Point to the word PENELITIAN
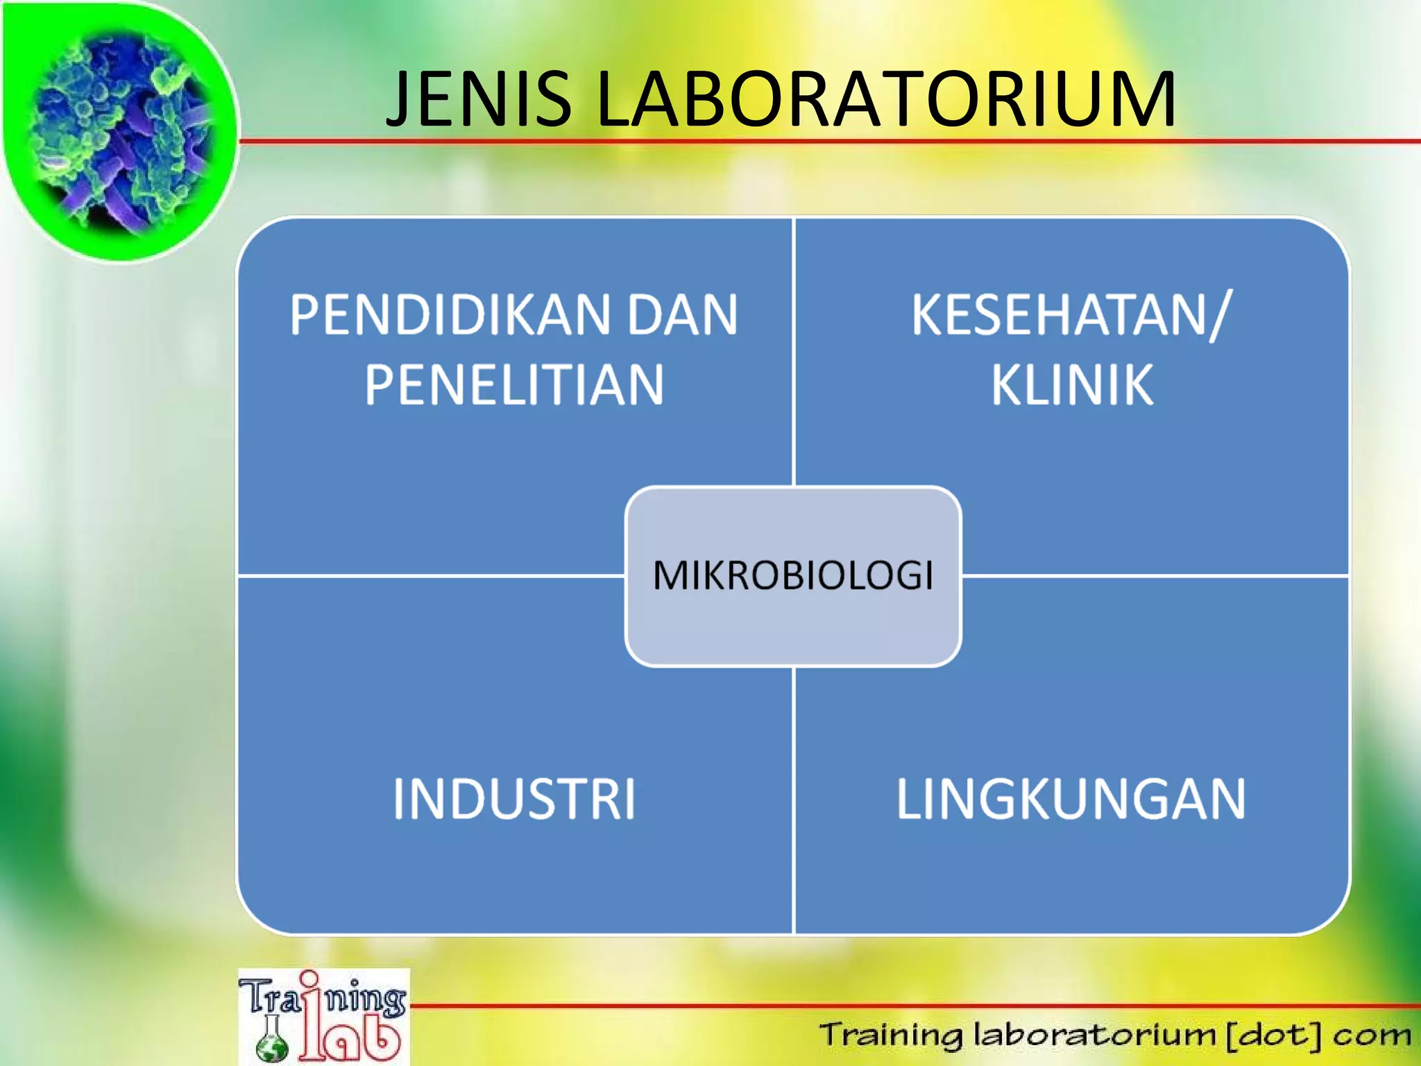[514, 384]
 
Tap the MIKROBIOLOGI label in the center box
[793, 575]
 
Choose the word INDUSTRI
[514, 799]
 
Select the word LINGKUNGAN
[1071, 799]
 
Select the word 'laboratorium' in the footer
[1094, 1035]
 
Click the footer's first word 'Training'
[891, 1035]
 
